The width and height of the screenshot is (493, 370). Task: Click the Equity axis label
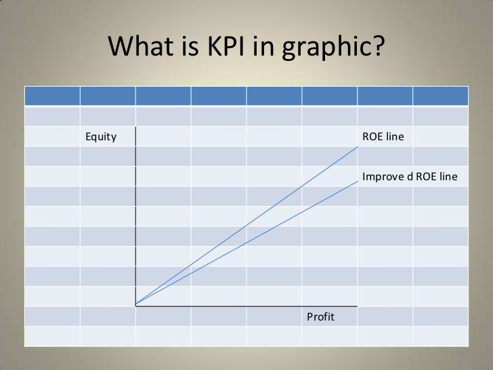(100, 137)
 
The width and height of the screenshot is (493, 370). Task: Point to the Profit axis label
(321, 316)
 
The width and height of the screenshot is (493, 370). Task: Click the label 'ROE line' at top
(383, 137)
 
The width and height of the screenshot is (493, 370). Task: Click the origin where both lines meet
(136, 305)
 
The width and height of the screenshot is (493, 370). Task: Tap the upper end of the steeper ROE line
(357, 146)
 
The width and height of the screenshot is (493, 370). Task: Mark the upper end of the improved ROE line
(357, 184)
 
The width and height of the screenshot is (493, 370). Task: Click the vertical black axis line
(136, 217)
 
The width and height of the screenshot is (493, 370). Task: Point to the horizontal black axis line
(244, 306)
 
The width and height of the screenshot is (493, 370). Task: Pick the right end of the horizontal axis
(356, 306)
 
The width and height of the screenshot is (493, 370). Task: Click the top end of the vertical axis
(136, 127)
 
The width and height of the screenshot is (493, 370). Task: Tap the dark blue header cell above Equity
(108, 96)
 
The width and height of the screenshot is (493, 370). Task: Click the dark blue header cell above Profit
(329, 96)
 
